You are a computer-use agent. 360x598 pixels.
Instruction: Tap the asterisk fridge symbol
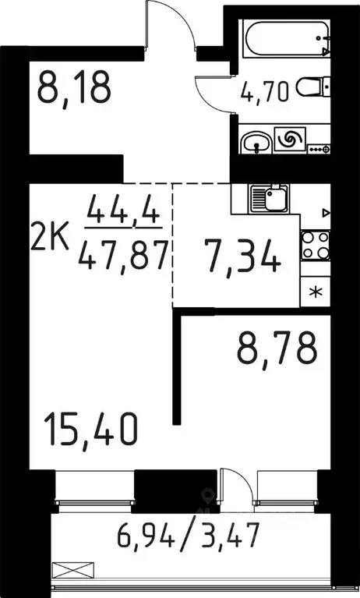point(315,294)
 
